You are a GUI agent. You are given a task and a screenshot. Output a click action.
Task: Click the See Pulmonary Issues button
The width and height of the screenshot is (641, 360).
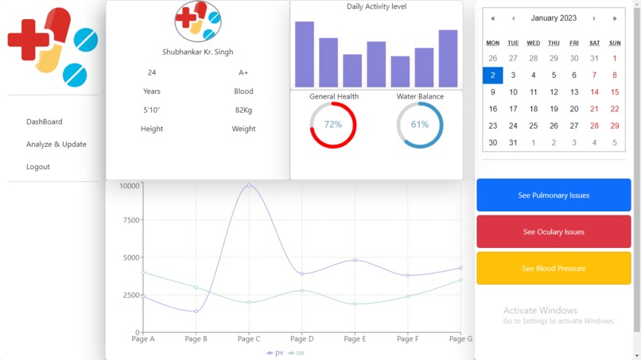click(554, 195)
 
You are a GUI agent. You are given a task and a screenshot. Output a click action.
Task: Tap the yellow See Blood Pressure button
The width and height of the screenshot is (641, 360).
click(554, 269)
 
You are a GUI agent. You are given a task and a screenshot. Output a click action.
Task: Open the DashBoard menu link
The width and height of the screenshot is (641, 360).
click(44, 122)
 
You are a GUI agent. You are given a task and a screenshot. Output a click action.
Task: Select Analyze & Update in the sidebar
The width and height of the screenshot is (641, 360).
click(56, 145)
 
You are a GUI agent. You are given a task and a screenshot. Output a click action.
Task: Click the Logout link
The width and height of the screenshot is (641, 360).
click(37, 167)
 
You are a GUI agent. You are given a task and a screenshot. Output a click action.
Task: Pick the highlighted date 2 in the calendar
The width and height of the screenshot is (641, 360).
click(492, 75)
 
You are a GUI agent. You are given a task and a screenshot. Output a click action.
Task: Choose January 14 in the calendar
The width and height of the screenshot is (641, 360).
click(594, 92)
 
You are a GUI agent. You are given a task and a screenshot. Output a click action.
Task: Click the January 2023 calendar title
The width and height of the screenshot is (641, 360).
click(554, 18)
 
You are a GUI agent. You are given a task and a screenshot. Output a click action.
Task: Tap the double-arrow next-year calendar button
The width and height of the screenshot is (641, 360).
click(614, 18)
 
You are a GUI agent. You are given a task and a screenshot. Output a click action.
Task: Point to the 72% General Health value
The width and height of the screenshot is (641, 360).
click(332, 125)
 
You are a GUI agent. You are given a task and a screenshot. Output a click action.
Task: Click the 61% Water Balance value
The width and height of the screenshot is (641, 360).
click(419, 125)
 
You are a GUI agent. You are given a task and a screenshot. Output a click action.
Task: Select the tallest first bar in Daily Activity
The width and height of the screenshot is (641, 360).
click(305, 54)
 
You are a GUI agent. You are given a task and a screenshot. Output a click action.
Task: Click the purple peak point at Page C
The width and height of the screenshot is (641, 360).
click(249, 186)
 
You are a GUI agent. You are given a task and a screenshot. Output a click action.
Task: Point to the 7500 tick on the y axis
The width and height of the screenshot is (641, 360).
click(130, 220)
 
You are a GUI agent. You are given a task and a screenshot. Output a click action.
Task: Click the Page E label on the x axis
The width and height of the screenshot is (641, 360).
click(355, 339)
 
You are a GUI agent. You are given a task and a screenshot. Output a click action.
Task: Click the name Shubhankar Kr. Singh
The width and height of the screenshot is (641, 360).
click(197, 52)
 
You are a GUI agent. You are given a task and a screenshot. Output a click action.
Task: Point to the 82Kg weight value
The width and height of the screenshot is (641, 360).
click(243, 110)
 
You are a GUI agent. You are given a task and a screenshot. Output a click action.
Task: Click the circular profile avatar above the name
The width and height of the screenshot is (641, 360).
click(197, 21)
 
